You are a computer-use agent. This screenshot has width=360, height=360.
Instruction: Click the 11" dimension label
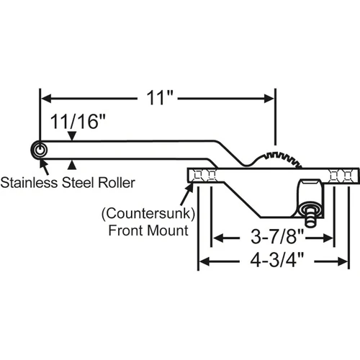tap(160, 98)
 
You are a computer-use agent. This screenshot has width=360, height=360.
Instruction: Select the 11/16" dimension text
tap(78, 121)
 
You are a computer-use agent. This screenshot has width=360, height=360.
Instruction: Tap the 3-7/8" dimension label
tap(277, 237)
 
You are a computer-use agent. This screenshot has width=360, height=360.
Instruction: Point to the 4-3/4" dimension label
tap(277, 261)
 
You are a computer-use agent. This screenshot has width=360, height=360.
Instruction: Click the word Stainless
tap(29, 183)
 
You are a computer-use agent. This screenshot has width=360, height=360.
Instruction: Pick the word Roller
tap(117, 183)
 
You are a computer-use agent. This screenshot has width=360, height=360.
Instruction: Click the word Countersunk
tap(148, 213)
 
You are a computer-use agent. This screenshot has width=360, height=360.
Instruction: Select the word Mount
tap(168, 230)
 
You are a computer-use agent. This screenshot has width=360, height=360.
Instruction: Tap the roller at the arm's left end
tap(39, 150)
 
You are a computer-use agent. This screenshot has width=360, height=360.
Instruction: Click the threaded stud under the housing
tap(310, 217)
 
